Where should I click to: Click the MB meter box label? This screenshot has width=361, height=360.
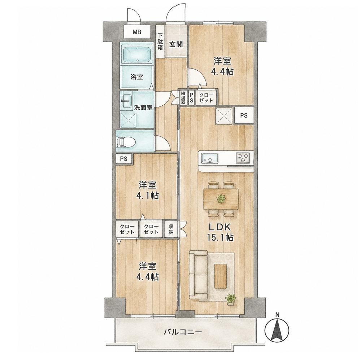pos(137,32)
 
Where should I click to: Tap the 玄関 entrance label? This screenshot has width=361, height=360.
pos(176,44)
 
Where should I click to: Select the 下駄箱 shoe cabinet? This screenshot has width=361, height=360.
pos(160,41)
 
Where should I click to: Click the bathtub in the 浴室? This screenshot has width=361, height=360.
pos(137,54)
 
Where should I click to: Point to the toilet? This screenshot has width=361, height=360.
pos(126,141)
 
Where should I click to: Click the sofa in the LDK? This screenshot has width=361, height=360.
pos(198,275)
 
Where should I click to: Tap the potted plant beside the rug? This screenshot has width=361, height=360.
pos(231,299)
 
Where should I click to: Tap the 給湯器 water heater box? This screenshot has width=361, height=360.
pos(183,97)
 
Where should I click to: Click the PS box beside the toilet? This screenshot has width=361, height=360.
pos(124,159)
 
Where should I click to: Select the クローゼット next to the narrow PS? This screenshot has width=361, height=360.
pos(206,97)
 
